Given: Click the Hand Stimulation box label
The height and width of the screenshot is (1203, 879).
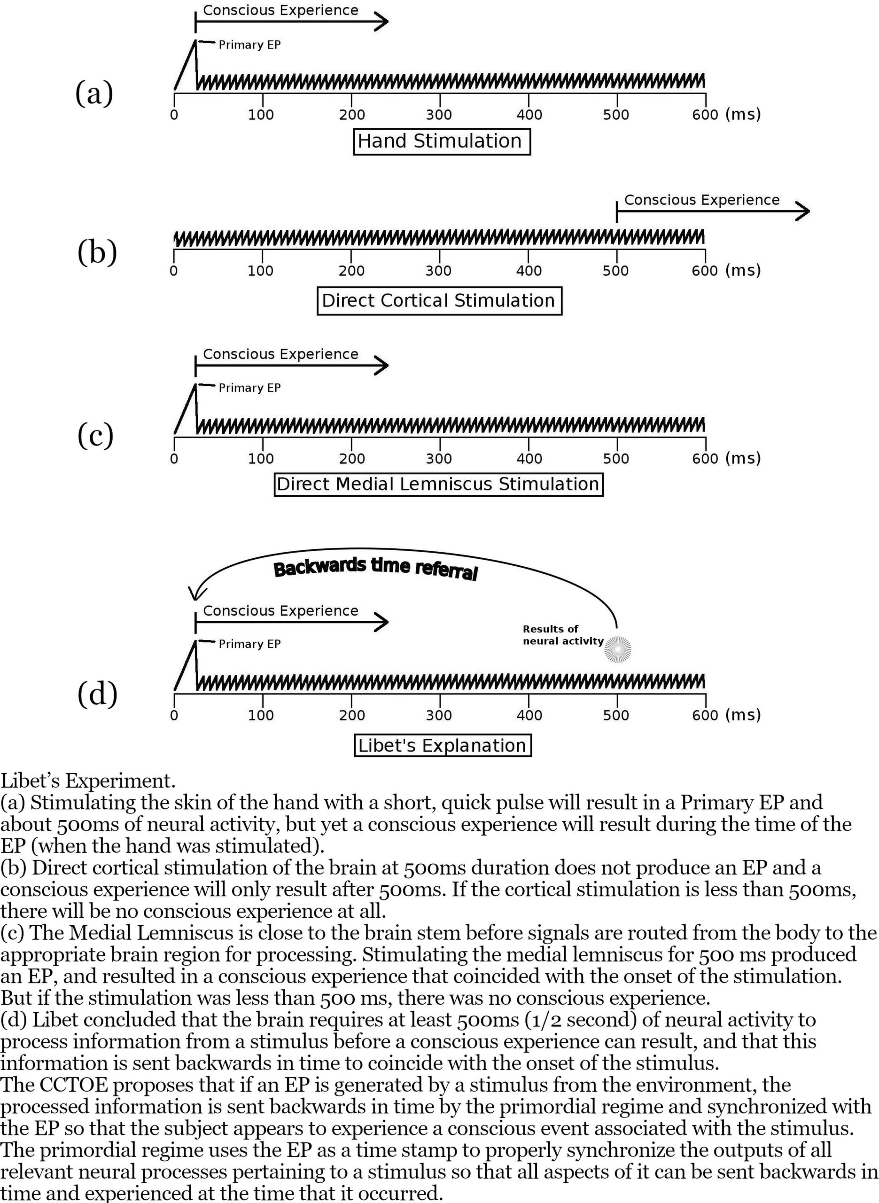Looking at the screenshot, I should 442,141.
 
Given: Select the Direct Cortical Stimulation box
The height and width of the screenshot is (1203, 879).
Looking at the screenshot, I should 439,301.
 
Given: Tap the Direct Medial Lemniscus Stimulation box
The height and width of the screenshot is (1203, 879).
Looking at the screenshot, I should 438,484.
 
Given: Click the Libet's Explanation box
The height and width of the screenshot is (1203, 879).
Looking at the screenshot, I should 442,745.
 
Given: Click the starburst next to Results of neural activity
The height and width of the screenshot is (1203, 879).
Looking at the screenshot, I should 618,649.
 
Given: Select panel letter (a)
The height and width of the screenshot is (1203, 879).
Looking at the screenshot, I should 94,94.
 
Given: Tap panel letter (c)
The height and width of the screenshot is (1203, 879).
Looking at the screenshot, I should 95,435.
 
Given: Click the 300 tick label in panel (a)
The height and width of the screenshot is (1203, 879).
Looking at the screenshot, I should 439,114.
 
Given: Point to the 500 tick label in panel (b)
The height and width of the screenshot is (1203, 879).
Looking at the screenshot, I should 615,271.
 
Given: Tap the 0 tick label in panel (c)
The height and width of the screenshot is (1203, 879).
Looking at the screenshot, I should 174,459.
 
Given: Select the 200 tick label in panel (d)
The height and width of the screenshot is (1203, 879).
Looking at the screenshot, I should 352,715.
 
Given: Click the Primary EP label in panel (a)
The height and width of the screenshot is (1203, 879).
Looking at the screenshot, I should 249,45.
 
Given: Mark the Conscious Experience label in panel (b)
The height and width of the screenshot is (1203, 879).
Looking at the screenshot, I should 701,200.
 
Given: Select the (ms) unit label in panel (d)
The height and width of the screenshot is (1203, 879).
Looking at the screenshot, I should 743,715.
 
